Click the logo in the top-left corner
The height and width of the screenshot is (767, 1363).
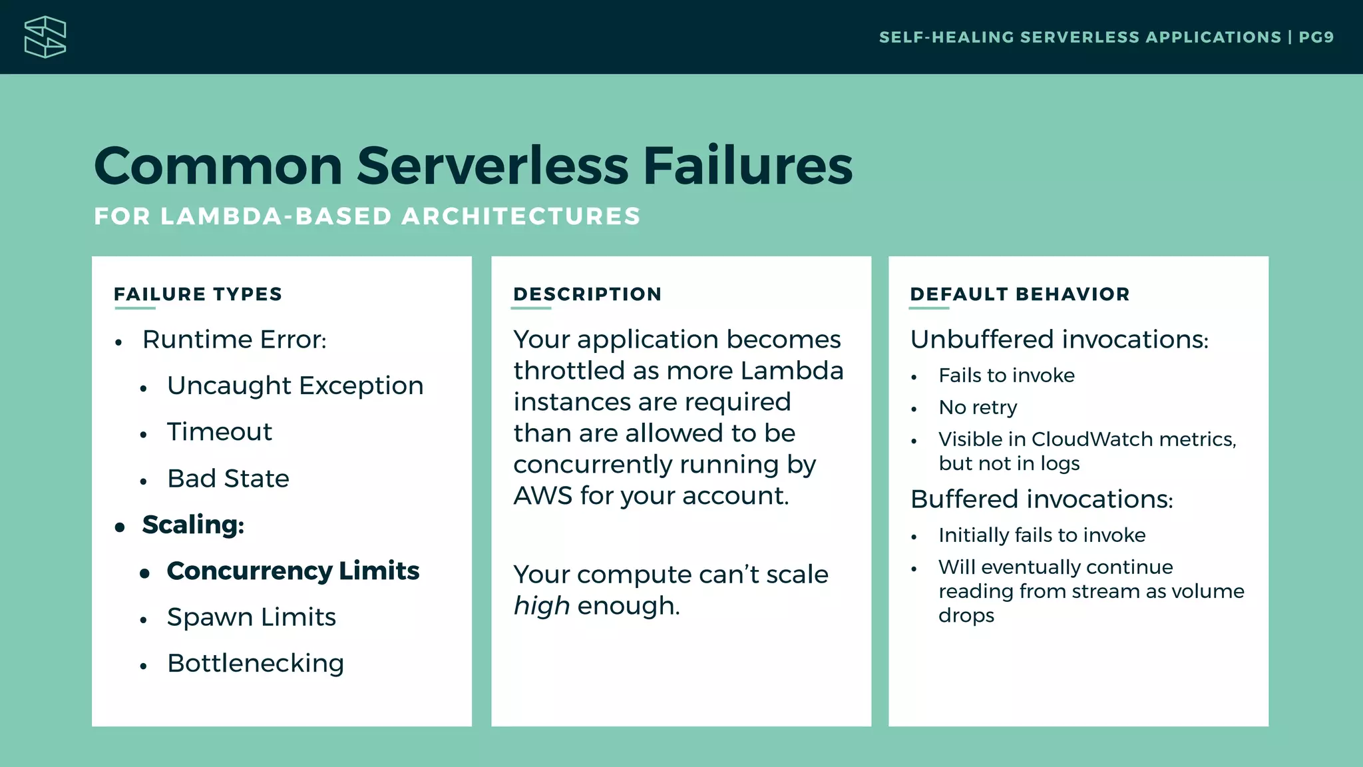45,37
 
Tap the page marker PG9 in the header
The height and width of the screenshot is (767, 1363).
1316,37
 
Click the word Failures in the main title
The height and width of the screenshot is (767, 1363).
747,166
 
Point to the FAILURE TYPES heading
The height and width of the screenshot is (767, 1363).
198,294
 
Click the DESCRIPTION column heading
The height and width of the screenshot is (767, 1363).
587,294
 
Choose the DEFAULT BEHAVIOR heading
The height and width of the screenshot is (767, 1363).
1020,294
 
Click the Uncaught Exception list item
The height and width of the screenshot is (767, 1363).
295,385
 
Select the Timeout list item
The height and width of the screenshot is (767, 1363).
220,432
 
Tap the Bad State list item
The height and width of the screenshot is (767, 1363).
228,479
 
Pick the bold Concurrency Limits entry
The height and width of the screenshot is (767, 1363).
293,571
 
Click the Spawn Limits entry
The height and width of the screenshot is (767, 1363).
252,617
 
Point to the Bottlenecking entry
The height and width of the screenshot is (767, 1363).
256,663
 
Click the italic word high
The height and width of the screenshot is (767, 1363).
542,606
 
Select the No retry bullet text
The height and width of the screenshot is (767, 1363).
978,407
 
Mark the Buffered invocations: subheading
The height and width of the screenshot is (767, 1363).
1042,499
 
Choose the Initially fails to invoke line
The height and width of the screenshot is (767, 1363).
1042,535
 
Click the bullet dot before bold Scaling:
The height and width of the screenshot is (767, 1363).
120,527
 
